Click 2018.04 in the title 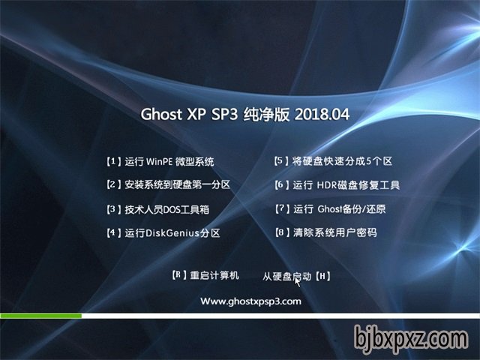pyautogui.click(x=322, y=114)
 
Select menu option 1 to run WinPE pyautogui.click(x=160, y=162)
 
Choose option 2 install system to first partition pyautogui.click(x=168, y=184)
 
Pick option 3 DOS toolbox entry pyautogui.click(x=157, y=210)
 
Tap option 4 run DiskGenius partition pyautogui.click(x=163, y=233)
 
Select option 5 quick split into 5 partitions pyautogui.click(x=333, y=161)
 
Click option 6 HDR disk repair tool pyautogui.click(x=337, y=185)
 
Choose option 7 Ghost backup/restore pyautogui.click(x=330, y=209)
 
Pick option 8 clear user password pyautogui.click(x=326, y=232)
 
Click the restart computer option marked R pyautogui.click(x=205, y=275)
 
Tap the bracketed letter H pyautogui.click(x=322, y=277)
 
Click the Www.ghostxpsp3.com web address pyautogui.click(x=250, y=301)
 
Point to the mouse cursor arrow pyautogui.click(x=297, y=282)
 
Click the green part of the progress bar pyautogui.click(x=40, y=316)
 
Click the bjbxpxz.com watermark pyautogui.click(x=411, y=340)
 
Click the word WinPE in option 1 pyautogui.click(x=160, y=162)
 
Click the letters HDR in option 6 pyautogui.click(x=327, y=185)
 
